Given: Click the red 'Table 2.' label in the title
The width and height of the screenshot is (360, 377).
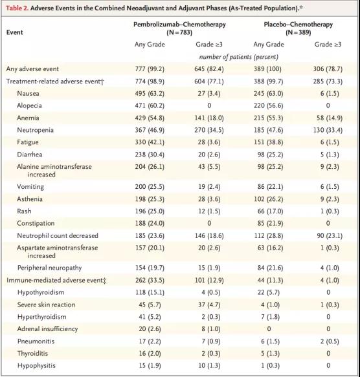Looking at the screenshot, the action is (x=17, y=8).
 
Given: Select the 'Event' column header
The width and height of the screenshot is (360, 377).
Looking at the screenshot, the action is (x=14, y=32).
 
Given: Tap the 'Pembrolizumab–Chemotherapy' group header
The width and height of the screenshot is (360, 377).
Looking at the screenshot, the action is (x=179, y=25).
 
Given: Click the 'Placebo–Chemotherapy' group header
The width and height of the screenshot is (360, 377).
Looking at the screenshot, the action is (x=298, y=25).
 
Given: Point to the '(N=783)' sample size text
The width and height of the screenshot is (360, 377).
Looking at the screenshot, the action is (x=179, y=32).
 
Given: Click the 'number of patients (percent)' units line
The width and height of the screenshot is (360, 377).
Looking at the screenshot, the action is (x=239, y=57).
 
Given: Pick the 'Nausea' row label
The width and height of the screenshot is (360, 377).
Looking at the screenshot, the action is (x=28, y=94).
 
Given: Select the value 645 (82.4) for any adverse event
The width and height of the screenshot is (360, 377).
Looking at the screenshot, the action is (x=209, y=69).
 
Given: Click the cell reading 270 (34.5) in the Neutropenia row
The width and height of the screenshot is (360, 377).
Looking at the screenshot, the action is (x=209, y=131).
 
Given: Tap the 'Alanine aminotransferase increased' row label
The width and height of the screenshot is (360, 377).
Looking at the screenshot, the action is (x=54, y=171).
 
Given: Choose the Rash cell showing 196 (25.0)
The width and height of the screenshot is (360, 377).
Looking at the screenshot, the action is (x=150, y=211).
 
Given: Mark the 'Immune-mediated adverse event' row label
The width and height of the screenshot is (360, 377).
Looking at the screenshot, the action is (x=56, y=281).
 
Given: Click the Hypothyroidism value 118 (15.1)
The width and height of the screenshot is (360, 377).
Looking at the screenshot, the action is (x=150, y=292).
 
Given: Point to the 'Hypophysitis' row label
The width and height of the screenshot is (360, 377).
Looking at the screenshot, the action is (x=36, y=366).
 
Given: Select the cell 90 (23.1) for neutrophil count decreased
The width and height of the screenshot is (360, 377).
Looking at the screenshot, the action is (x=330, y=235).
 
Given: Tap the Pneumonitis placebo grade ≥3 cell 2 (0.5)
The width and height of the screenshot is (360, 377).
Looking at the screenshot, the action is (x=330, y=341).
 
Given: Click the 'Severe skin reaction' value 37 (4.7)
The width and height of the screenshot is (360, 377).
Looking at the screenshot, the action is (x=209, y=305).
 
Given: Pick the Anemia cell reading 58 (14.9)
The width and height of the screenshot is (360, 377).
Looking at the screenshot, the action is (x=330, y=118).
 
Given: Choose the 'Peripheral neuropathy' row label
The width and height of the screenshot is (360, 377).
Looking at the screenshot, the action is (x=49, y=268).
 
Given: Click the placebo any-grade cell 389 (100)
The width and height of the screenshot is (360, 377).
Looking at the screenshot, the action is (x=267, y=69).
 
